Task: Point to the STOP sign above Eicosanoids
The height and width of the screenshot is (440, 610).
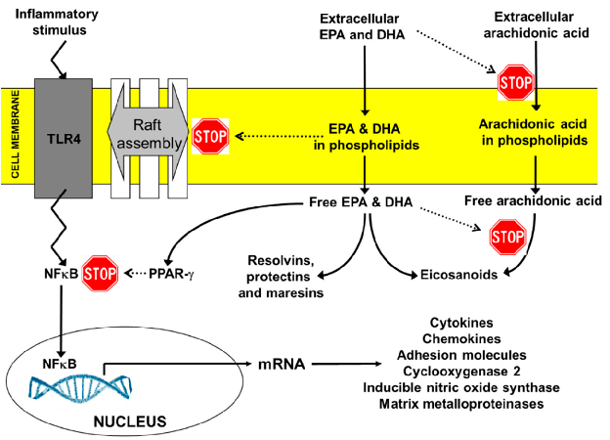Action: tap(505, 236)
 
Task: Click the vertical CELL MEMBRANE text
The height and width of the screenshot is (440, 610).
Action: tap(15, 136)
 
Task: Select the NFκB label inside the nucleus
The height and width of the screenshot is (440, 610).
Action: tap(59, 364)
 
